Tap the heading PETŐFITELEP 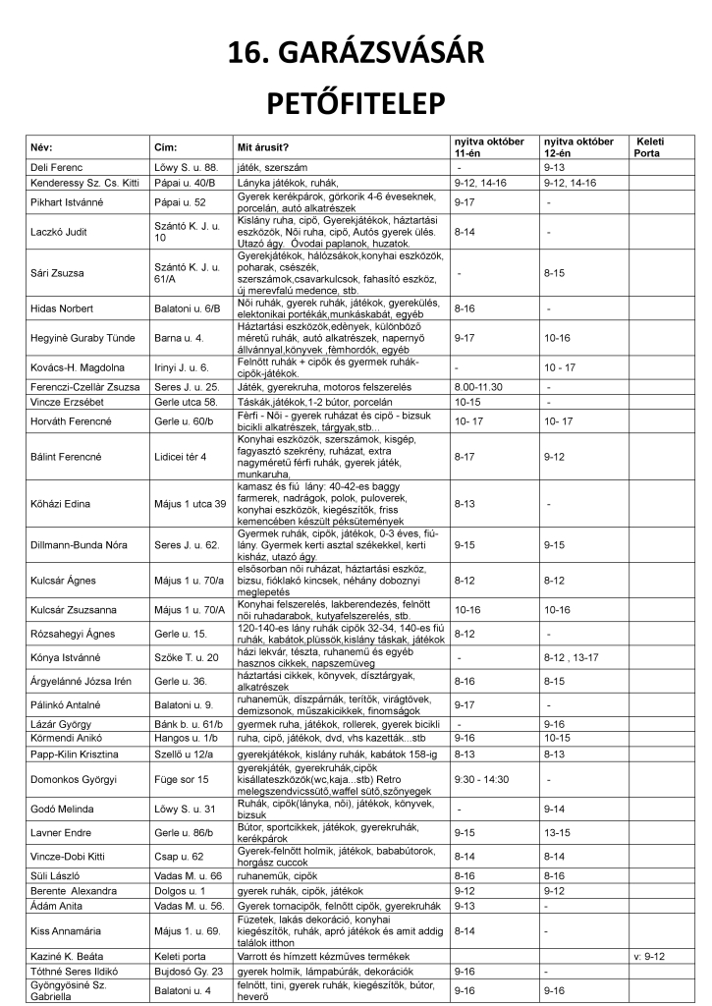coord(356,102)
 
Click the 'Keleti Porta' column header coord(651,147)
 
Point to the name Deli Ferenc coord(57,168)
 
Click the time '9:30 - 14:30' coord(484,779)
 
